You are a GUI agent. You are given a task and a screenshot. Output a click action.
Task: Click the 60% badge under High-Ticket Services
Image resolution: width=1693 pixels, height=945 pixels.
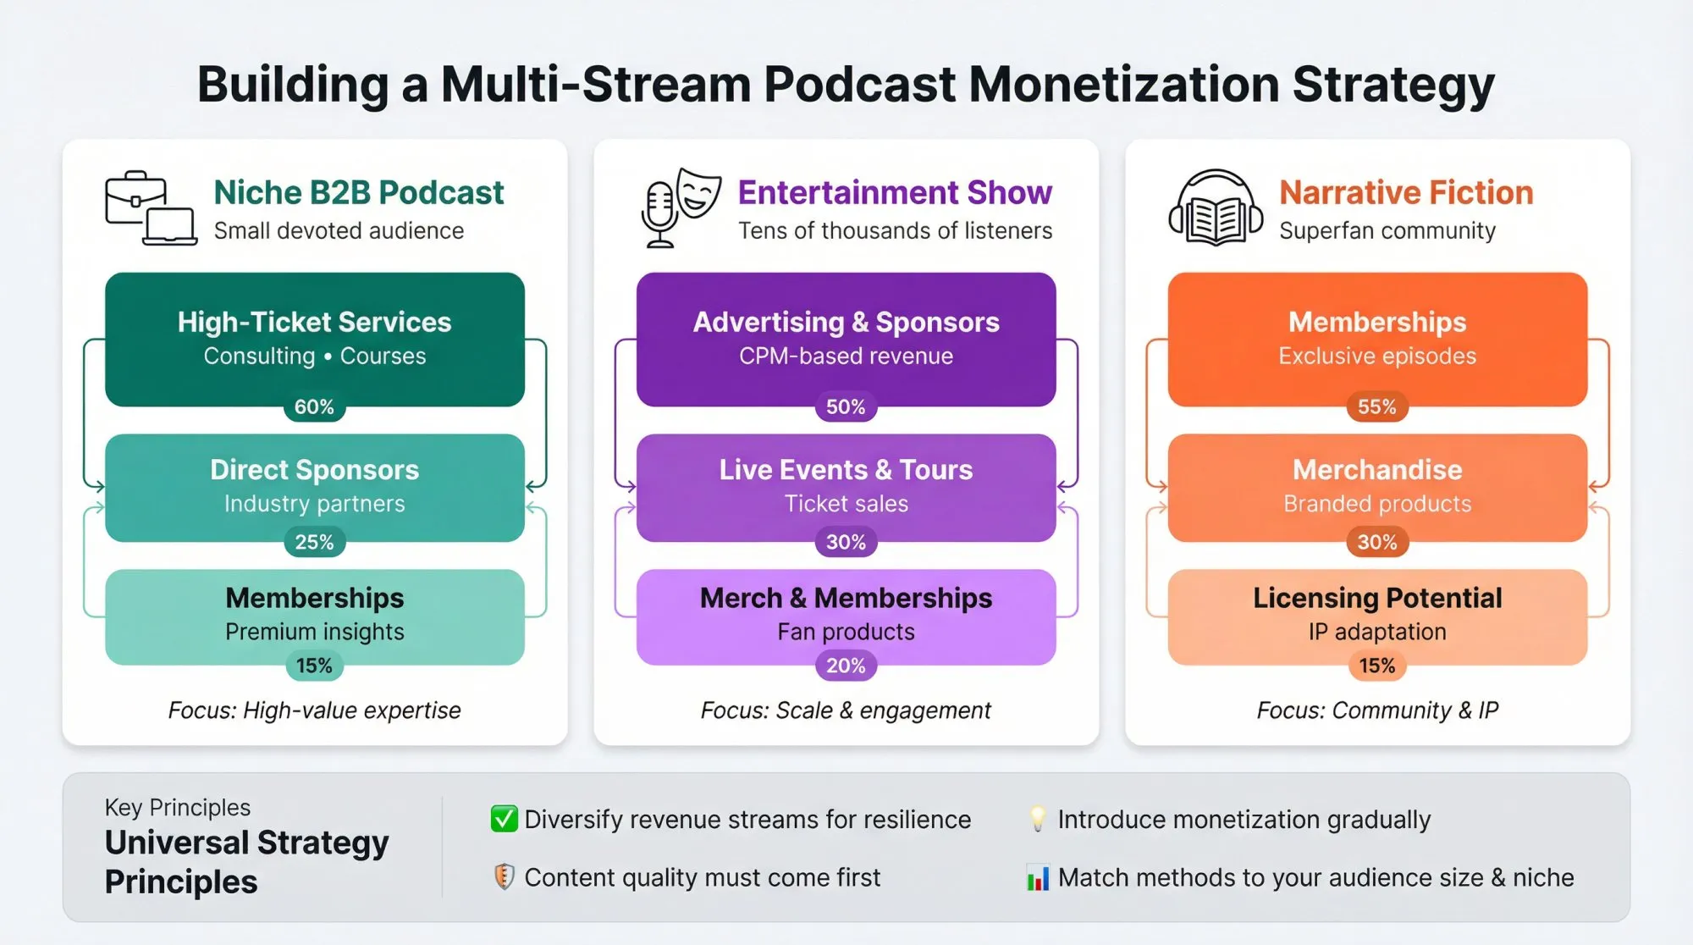click(314, 407)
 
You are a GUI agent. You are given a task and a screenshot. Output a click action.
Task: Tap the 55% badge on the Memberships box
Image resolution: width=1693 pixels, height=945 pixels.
click(1377, 407)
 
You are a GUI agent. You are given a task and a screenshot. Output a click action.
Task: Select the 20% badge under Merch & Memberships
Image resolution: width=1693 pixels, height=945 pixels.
click(846, 666)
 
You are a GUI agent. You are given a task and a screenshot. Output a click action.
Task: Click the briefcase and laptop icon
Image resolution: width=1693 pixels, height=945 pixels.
click(151, 208)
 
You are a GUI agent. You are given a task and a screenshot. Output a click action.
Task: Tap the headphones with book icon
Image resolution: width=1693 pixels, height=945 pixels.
click(1216, 208)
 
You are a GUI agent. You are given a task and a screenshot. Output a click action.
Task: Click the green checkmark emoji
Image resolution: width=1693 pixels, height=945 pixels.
click(504, 819)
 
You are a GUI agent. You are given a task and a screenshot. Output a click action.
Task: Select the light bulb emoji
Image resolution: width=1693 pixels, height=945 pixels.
click(1037, 819)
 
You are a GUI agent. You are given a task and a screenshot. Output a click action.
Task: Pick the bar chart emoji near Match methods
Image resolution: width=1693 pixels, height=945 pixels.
click(1038, 878)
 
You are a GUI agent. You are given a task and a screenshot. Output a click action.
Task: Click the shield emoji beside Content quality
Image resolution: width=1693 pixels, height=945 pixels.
click(504, 877)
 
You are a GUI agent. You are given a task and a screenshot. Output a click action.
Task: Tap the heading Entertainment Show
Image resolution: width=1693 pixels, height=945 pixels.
click(895, 193)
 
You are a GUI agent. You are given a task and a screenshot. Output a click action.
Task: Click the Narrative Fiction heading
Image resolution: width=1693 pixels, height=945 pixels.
click(1406, 193)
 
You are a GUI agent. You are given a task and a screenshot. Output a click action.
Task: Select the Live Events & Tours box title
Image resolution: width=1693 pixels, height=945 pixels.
click(846, 470)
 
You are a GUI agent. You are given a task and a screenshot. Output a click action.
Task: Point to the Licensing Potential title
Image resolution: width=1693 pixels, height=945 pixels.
click(1377, 598)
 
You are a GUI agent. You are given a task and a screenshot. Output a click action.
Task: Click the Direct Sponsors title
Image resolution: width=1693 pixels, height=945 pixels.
click(314, 470)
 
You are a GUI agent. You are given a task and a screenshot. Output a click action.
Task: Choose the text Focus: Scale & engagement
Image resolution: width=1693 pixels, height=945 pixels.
click(846, 710)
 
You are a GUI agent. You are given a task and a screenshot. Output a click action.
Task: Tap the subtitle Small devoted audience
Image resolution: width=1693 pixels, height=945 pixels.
click(339, 231)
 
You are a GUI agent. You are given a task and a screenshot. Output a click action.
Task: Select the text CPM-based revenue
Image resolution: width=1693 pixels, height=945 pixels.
click(846, 356)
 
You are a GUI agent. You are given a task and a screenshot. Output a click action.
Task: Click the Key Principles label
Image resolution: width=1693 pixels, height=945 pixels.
click(178, 807)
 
